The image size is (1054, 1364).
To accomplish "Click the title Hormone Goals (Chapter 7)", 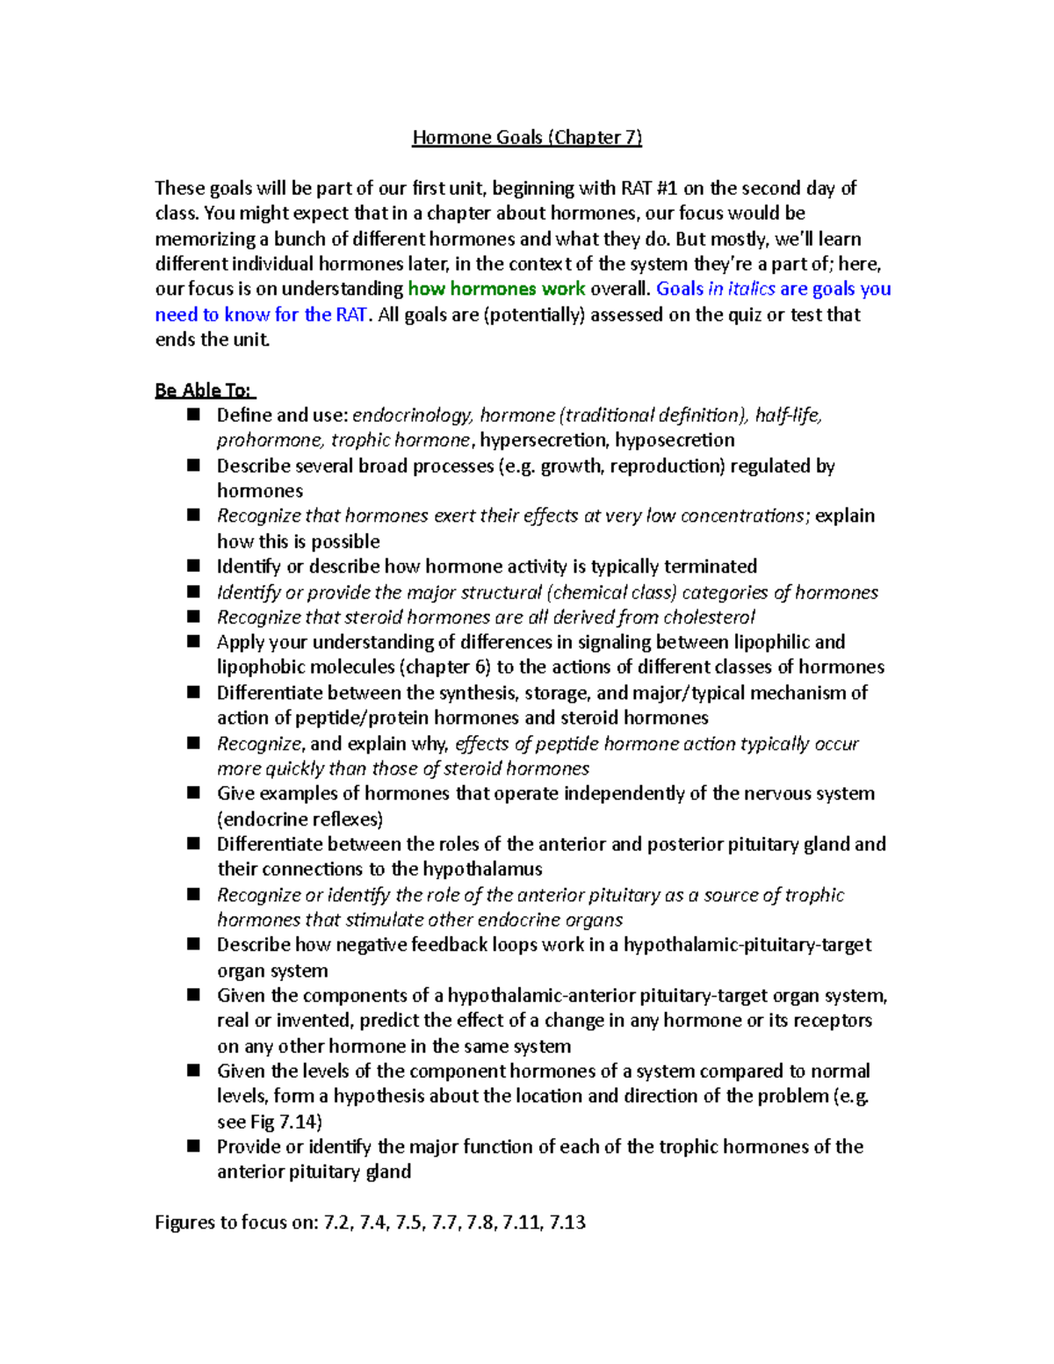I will (x=527, y=137).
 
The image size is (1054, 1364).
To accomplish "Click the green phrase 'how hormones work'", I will (x=496, y=289).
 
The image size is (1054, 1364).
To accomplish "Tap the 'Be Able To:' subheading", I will (x=204, y=390).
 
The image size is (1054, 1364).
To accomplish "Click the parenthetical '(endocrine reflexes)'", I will (x=300, y=819).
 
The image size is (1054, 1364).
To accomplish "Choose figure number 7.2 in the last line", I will (x=337, y=1223).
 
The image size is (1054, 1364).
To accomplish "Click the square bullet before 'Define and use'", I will (x=193, y=415).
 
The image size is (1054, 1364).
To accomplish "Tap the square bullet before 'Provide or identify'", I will (x=193, y=1146).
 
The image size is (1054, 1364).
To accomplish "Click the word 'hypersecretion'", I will (x=543, y=440).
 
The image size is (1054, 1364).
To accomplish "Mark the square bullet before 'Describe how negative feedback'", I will (x=193, y=944).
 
